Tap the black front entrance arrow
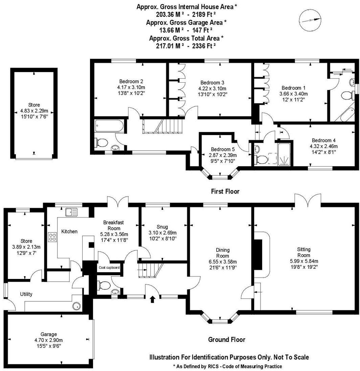[x=153, y=299]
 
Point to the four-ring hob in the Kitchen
[x=52, y=237]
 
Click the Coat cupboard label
[x=109, y=267]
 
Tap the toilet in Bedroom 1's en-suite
[x=346, y=95]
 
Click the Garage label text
[x=48, y=334]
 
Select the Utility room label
[x=26, y=294]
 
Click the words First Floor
[x=225, y=191]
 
